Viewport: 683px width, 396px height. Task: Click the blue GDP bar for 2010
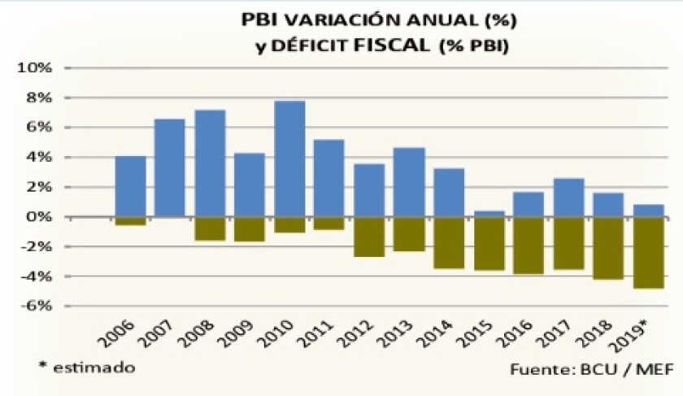(x=291, y=159)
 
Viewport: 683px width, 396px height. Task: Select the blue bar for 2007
(x=170, y=168)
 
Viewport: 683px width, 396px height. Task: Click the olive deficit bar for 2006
(x=130, y=220)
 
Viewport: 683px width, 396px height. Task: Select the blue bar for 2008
(x=210, y=163)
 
